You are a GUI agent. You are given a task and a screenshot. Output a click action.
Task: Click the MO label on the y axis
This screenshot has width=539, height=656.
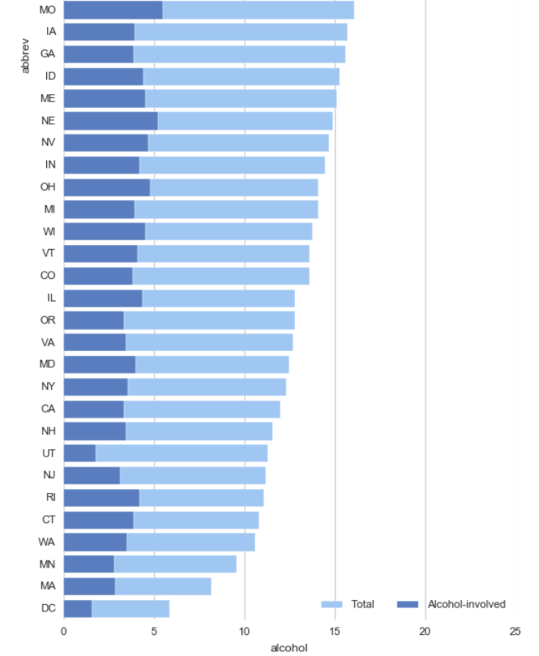(47, 10)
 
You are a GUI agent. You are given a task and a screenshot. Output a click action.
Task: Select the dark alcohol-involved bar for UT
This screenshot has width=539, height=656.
(79, 453)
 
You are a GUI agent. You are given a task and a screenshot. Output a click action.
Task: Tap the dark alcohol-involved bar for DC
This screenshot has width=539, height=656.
(78, 608)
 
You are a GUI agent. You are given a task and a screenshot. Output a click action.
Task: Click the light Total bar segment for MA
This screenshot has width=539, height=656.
(162, 586)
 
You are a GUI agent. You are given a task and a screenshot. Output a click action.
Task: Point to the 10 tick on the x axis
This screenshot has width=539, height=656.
(245, 631)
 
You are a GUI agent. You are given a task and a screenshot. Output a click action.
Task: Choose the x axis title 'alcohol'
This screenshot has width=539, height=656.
(289, 647)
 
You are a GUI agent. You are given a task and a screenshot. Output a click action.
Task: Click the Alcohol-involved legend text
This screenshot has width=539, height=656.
(466, 604)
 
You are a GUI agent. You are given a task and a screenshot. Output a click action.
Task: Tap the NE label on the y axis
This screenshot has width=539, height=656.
(48, 121)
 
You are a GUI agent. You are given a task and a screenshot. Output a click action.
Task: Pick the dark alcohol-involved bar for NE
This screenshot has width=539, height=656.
(110, 121)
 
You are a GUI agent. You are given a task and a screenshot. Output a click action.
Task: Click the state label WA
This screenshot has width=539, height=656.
(48, 542)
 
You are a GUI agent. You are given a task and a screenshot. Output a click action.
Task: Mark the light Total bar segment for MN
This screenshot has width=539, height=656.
(175, 564)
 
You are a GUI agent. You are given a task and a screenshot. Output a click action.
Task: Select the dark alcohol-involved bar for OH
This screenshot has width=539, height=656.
(107, 187)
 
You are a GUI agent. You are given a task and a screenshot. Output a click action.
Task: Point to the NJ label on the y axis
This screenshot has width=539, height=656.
(49, 475)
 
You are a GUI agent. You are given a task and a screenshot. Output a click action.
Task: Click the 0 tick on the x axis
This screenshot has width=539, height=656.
(64, 631)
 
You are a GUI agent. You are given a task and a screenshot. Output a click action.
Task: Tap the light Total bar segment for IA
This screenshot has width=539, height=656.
(240, 32)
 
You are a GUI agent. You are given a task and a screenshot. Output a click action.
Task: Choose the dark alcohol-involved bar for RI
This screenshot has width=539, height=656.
(101, 498)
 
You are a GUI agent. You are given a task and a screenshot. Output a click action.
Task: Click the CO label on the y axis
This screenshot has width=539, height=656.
(48, 276)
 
